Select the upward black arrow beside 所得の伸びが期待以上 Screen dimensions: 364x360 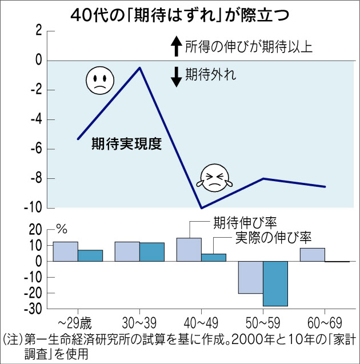pyautogui.click(x=176, y=46)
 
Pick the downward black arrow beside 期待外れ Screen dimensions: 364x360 pyautogui.click(x=176, y=76)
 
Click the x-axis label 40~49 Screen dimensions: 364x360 pyautogui.click(x=201, y=321)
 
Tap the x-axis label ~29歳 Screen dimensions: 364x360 pyautogui.click(x=78, y=321)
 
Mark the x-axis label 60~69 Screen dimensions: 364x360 pyautogui.click(x=325, y=321)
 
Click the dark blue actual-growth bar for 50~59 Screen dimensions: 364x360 pyautogui.click(x=275, y=283)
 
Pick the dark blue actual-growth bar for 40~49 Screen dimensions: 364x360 pyautogui.click(x=214, y=257)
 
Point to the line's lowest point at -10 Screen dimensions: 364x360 pyautogui.click(x=201, y=208)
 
